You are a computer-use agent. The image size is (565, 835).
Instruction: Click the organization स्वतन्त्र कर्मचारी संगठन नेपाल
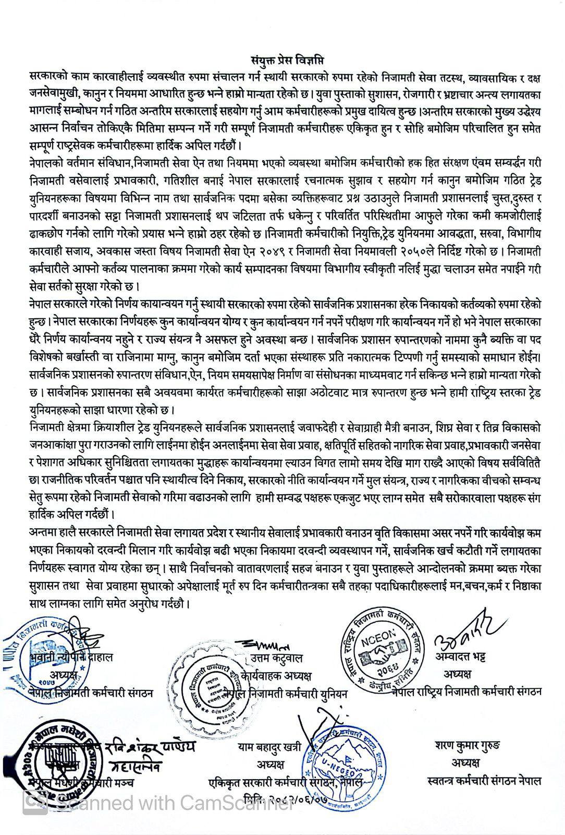click(483, 781)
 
